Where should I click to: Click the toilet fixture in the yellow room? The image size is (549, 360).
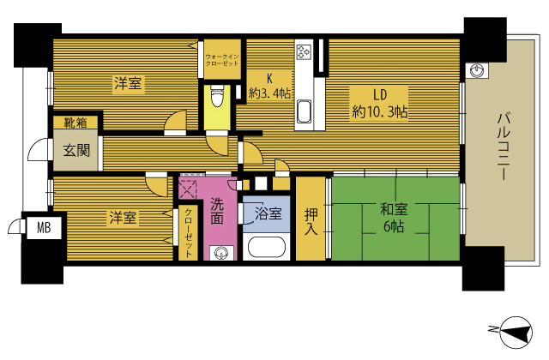(x=217, y=95)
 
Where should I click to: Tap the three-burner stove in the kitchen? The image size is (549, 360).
(x=304, y=51)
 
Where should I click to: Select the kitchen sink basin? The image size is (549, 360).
(x=304, y=111)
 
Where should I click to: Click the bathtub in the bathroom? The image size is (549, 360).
(x=267, y=248)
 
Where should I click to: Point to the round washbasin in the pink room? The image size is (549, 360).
(x=221, y=253)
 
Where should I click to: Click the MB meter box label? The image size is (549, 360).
(x=44, y=228)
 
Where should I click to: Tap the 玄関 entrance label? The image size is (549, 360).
(x=76, y=151)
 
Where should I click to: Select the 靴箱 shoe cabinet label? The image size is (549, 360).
(x=75, y=123)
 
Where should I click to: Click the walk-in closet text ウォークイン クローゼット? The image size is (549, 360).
(x=222, y=60)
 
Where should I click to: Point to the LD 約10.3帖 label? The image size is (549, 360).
(x=380, y=104)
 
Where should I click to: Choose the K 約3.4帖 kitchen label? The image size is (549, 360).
(x=269, y=86)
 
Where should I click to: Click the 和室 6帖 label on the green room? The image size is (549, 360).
(x=395, y=218)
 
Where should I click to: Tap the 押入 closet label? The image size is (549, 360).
(x=311, y=221)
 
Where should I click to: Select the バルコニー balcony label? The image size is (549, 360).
(x=504, y=146)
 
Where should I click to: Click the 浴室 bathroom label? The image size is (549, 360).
(x=268, y=213)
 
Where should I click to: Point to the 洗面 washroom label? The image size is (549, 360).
(x=217, y=211)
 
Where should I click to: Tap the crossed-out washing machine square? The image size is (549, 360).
(x=189, y=189)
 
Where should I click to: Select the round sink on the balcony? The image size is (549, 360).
(x=477, y=71)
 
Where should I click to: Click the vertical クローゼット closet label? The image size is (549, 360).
(x=188, y=233)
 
